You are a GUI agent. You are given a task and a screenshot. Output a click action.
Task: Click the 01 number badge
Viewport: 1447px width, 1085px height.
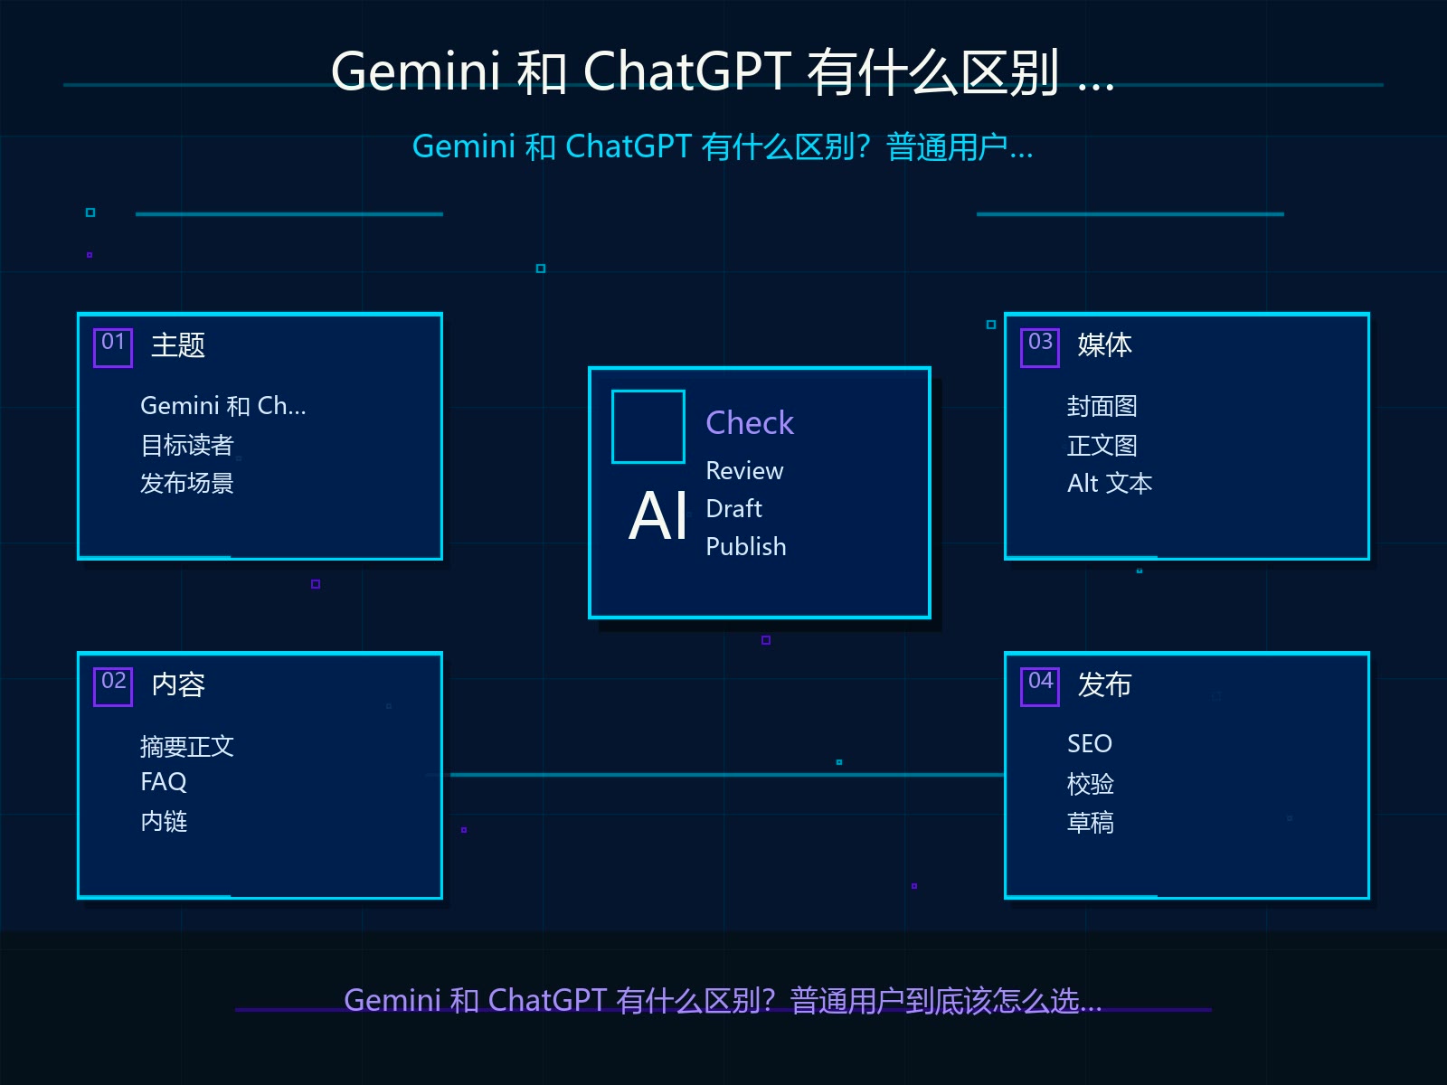pyautogui.click(x=113, y=347)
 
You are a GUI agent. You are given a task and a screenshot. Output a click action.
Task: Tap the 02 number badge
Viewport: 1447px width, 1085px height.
pyautogui.click(x=113, y=686)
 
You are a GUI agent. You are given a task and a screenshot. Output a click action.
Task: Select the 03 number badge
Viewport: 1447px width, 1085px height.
pyautogui.click(x=1040, y=347)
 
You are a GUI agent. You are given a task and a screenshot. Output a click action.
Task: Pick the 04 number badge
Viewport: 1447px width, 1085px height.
pyautogui.click(x=1040, y=686)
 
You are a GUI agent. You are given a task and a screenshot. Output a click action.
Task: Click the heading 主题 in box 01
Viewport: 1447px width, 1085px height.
pyautogui.click(x=178, y=345)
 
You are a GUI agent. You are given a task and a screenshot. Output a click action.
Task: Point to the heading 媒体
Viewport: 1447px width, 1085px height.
pyautogui.click(x=1105, y=345)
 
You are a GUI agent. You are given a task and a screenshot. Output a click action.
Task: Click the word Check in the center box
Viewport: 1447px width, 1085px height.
pyautogui.click(x=750, y=422)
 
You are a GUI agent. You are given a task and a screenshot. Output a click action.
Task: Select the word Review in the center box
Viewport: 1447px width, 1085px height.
pyautogui.click(x=744, y=471)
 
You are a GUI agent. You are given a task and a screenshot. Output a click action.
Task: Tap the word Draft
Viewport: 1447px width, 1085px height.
pyautogui.click(x=733, y=508)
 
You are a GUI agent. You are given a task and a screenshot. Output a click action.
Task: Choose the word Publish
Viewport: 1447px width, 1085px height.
pyautogui.click(x=745, y=547)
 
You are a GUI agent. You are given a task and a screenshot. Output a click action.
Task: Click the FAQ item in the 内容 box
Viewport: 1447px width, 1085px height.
pyautogui.click(x=164, y=782)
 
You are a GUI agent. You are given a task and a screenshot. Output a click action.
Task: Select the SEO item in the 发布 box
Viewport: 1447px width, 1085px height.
pyautogui.click(x=1089, y=744)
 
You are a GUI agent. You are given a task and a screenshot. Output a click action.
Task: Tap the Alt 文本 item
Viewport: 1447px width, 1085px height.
pyautogui.click(x=1110, y=484)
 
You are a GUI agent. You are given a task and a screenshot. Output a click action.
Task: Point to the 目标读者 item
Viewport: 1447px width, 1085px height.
pyautogui.click(x=186, y=446)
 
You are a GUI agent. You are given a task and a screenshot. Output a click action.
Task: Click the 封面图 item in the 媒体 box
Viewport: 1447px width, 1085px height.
pyautogui.click(x=1102, y=407)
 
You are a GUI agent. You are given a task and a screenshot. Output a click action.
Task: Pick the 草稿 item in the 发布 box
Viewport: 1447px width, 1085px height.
pyautogui.click(x=1091, y=822)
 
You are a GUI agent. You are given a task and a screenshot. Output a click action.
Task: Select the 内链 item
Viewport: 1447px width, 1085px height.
pyautogui.click(x=164, y=822)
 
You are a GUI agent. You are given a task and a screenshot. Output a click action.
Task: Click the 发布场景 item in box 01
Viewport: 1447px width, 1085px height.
pyautogui.click(x=186, y=484)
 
